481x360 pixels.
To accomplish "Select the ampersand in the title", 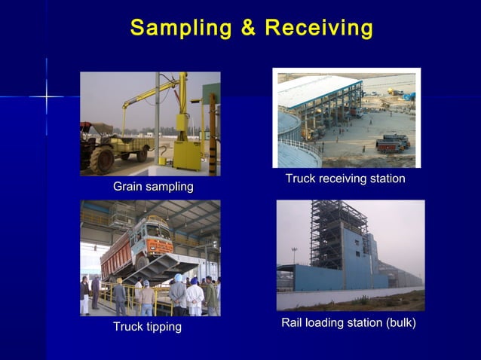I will tap(248, 28).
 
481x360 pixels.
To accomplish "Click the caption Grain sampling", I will tap(153, 186).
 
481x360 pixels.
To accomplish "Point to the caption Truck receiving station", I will tap(345, 178).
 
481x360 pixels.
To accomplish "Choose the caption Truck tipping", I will tap(147, 326).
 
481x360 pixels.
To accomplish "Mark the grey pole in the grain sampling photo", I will tap(157, 121).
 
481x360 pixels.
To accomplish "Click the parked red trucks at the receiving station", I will tap(393, 142).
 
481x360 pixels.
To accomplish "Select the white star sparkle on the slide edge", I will tap(46, 96).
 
